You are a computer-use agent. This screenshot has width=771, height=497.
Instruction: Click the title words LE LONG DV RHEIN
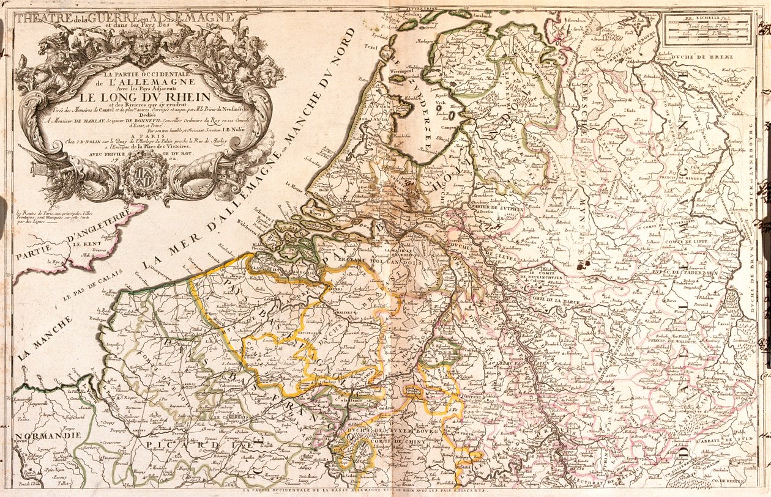coord(144,97)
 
